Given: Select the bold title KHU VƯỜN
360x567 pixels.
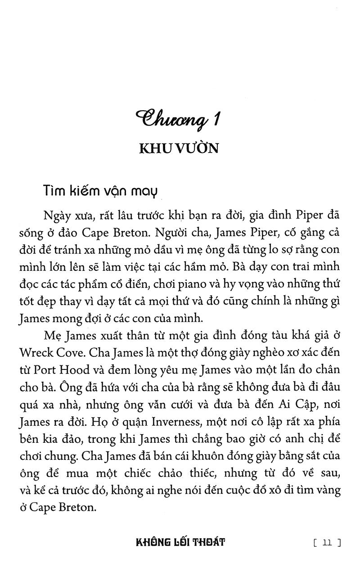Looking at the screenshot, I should pyautogui.click(x=180, y=148).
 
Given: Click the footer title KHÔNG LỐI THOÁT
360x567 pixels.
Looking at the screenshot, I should pyautogui.click(x=180, y=542).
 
